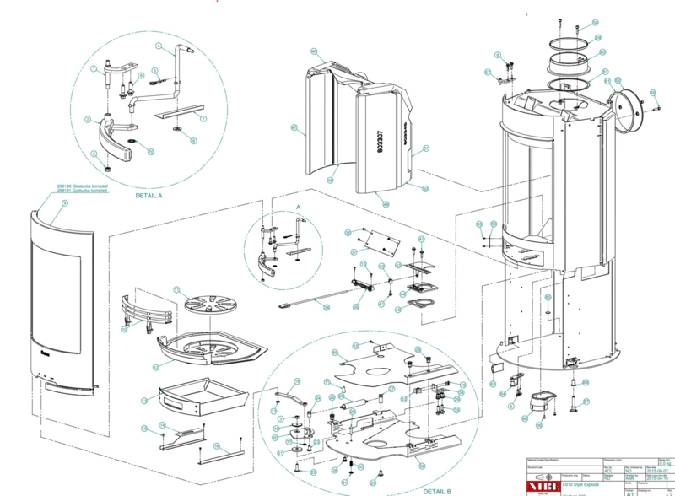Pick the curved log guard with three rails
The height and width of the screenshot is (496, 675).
pyautogui.click(x=144, y=311)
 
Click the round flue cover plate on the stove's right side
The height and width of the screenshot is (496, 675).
pyautogui.click(x=628, y=110)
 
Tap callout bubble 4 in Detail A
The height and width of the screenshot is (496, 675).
pyautogui.click(x=158, y=44)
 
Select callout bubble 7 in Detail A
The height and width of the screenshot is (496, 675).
pyautogui.click(x=203, y=118)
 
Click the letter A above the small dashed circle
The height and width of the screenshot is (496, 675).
pyautogui.click(x=297, y=206)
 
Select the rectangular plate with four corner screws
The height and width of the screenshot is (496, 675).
pyautogui.click(x=376, y=240)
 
